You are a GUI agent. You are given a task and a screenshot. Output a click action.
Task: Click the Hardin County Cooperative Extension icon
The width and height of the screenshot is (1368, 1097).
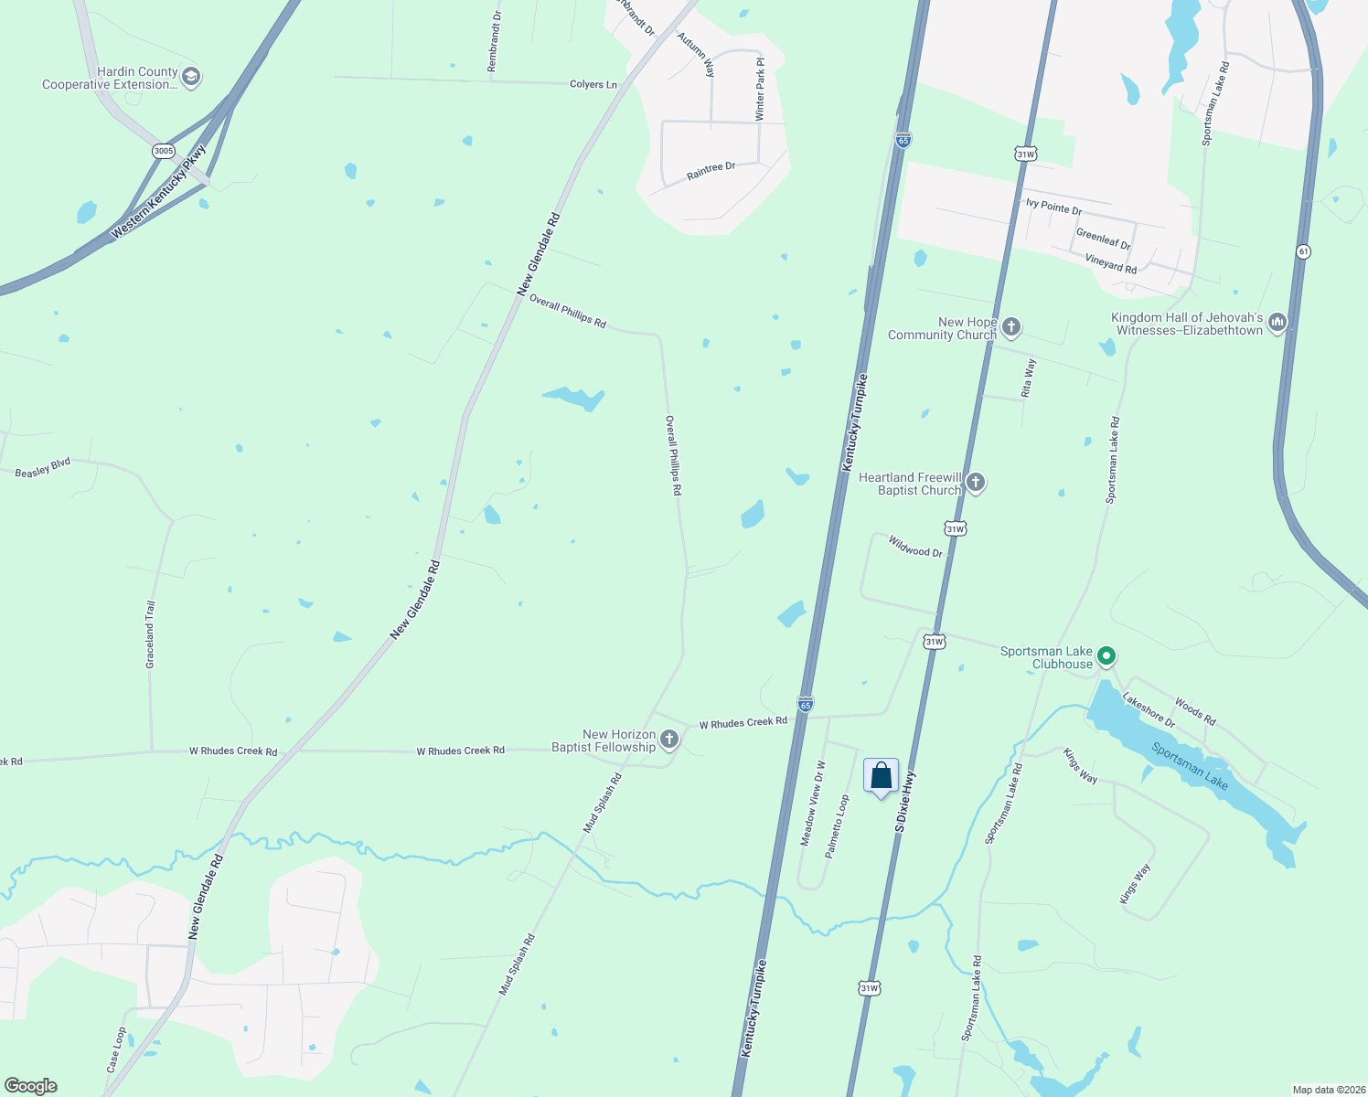pos(191,77)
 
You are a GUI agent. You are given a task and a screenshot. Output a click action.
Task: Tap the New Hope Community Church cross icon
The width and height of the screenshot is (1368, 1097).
pos(1010,326)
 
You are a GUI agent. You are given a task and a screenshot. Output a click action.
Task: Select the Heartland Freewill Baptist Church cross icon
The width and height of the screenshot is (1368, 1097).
pos(976,483)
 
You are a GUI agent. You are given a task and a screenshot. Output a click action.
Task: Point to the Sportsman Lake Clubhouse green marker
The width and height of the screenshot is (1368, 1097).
pos(1106,655)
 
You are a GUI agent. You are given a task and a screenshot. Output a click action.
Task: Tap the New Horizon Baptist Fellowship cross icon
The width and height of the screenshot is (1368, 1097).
pos(669,740)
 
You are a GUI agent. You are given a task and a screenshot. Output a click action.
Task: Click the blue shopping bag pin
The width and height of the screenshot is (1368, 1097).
pos(881,776)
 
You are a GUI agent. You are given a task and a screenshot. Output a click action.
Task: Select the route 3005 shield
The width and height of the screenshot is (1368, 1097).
pos(164,151)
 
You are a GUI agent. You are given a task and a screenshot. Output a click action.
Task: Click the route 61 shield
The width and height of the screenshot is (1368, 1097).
pos(1303,251)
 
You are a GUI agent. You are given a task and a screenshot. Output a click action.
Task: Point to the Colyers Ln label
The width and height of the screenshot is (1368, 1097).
pos(593,84)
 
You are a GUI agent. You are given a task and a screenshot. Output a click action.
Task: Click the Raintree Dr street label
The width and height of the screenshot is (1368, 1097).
pos(711,171)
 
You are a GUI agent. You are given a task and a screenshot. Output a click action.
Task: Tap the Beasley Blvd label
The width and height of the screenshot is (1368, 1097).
pos(43,468)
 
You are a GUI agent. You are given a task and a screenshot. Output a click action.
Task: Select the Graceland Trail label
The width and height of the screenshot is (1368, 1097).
pos(151,634)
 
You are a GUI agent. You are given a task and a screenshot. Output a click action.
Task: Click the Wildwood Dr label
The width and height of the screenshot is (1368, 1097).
pos(914,547)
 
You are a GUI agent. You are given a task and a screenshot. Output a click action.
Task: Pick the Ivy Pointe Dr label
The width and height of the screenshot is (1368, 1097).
pos(1053,207)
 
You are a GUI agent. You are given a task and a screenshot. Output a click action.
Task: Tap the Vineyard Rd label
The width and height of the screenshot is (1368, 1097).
pos(1110,263)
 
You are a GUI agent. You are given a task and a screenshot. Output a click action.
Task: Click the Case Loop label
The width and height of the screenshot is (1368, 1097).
pos(116,1049)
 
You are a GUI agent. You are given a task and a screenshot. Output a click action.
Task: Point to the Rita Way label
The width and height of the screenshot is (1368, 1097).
pos(1029,378)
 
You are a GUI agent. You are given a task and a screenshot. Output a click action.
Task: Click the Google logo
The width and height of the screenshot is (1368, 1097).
pos(31,1086)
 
